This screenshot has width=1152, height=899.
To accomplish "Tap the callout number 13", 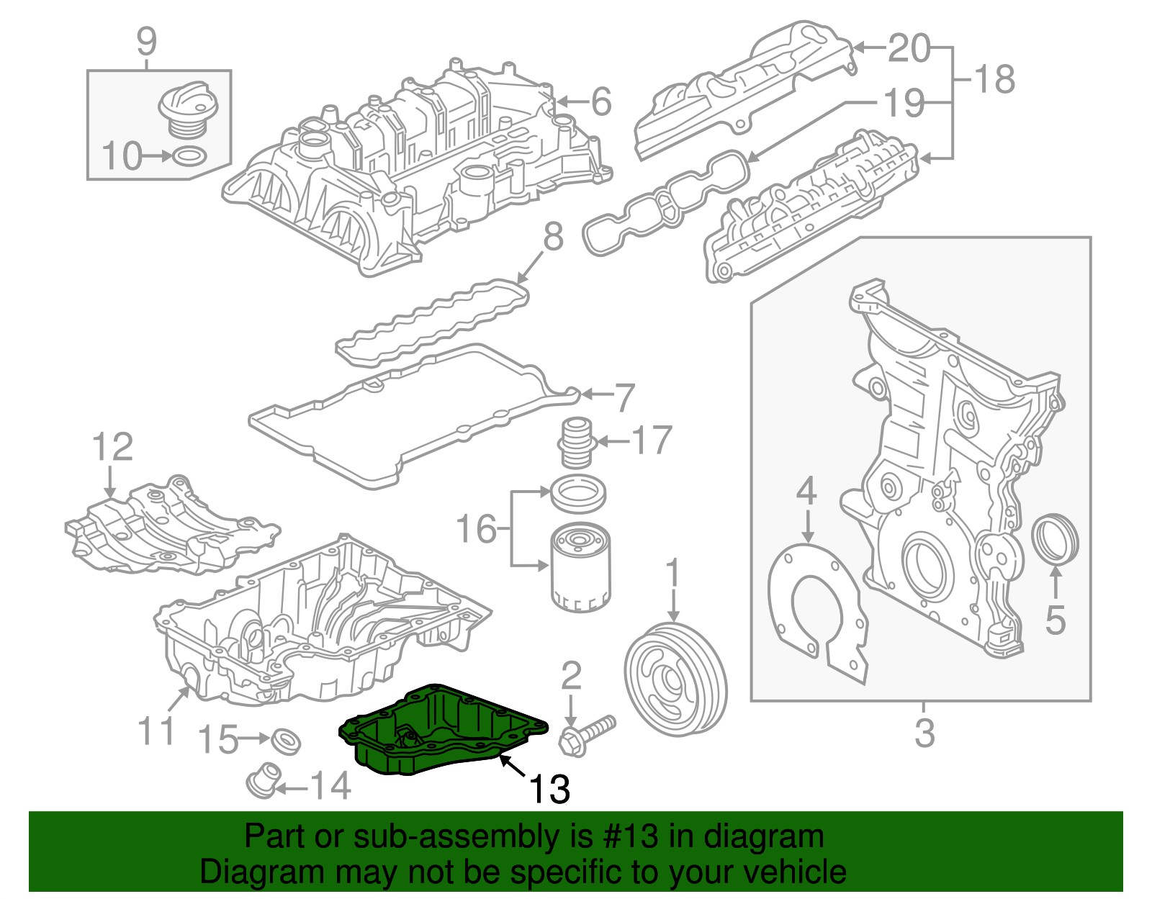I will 550,790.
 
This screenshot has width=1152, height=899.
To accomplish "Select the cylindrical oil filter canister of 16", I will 580,569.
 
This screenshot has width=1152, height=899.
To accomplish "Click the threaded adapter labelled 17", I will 576,441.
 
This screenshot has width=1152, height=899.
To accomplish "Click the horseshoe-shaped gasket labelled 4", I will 814,605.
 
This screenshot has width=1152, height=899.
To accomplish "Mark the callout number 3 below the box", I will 924,733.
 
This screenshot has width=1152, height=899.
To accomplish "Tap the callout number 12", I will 113,447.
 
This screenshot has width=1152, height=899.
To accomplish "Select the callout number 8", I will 553,237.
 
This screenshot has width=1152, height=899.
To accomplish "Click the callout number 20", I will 909,48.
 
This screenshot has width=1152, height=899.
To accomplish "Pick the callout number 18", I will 994,78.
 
